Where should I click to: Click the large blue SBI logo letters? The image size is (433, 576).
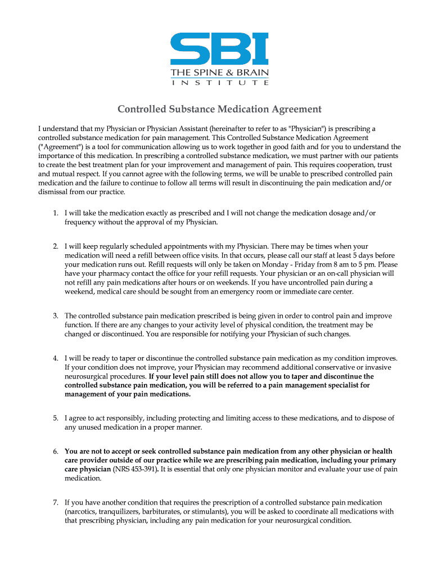pos(219,49)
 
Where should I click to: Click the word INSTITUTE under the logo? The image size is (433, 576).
pos(219,83)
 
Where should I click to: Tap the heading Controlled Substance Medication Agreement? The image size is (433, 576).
pos(219,109)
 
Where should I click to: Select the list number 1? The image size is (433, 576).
pos(55,213)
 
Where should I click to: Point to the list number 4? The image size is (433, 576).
pos(55,358)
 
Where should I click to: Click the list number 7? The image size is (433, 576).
pos(55,502)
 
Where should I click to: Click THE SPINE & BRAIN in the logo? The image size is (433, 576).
pos(219,73)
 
